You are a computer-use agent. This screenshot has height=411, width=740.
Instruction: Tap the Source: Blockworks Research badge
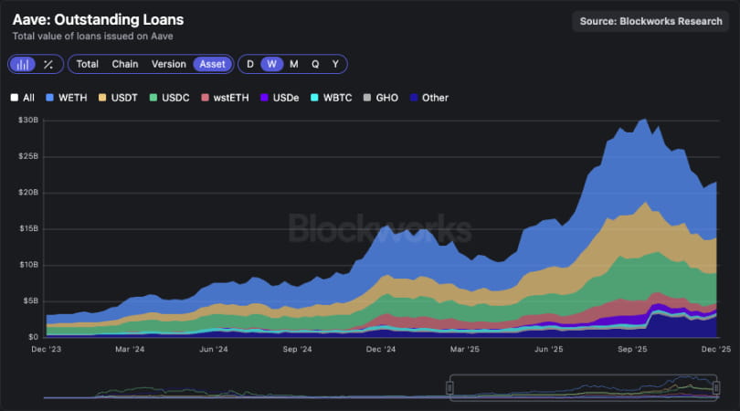tap(652, 21)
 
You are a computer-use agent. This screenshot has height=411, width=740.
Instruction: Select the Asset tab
tap(212, 64)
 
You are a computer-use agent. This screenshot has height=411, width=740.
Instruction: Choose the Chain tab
tap(125, 64)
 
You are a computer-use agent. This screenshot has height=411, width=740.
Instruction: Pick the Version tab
tap(168, 64)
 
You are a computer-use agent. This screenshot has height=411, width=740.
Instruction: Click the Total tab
tap(88, 64)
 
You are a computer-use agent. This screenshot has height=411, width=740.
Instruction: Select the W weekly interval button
tap(271, 64)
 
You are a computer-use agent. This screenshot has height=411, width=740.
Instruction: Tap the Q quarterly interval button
tap(315, 64)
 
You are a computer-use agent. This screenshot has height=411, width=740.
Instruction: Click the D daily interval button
tap(250, 64)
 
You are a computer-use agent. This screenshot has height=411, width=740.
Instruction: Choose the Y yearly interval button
tap(335, 64)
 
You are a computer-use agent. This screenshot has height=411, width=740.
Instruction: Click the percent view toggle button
tap(48, 64)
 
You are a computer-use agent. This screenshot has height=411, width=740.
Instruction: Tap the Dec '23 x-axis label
tap(47, 349)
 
